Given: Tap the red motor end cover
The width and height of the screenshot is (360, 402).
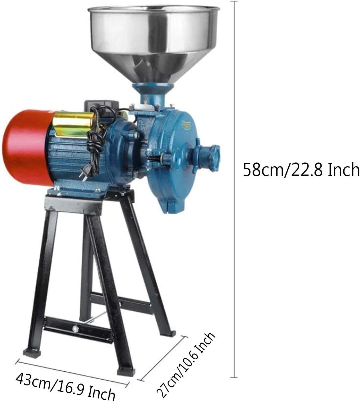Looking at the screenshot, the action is [x=26, y=148].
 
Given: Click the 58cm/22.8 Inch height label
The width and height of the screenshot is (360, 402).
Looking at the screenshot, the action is [x=301, y=169].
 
